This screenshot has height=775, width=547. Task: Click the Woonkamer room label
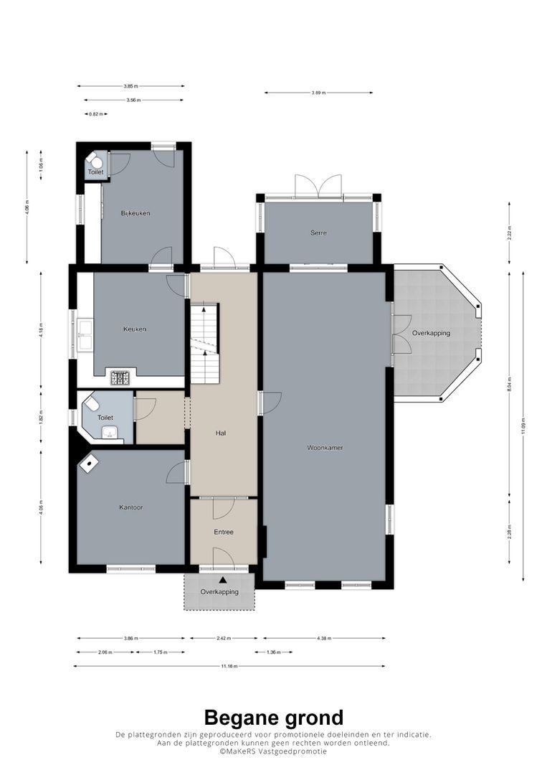coord(325,447)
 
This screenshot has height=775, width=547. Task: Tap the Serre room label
coord(319,232)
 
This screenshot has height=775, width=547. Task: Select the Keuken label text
coord(134,329)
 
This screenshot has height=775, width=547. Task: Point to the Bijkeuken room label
coord(135,213)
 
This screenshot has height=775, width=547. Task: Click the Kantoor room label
coord(130,507)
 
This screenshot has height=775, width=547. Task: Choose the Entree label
coord(223,532)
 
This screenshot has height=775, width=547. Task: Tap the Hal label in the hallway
coord(222,433)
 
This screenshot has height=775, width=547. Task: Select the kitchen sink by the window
coord(85,336)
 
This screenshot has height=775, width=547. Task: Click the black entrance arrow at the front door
coord(223,580)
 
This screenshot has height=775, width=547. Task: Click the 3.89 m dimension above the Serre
coord(318,93)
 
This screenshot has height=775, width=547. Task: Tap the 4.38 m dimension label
coord(323,638)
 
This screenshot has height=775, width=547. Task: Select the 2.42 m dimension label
coord(223,638)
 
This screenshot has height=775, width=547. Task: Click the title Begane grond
coord(273,717)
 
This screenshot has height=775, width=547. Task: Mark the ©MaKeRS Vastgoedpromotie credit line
coord(273,751)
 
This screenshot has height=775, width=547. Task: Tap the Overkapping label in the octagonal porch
coord(430,334)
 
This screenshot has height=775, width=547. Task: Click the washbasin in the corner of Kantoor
coord(90,463)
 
